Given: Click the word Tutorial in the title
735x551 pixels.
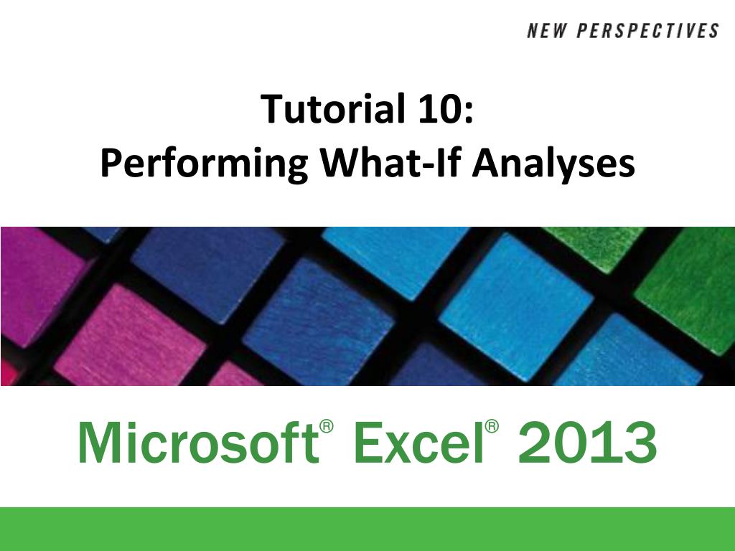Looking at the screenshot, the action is (x=332, y=109).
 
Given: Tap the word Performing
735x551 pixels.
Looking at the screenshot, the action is (x=204, y=164).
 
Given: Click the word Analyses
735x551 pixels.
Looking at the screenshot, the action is (x=553, y=164).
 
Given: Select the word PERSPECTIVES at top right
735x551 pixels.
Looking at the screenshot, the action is (x=647, y=31).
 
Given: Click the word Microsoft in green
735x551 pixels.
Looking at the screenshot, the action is (x=198, y=442).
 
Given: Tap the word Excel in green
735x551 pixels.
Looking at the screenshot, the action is (x=418, y=442).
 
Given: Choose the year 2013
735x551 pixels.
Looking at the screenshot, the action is (x=587, y=442).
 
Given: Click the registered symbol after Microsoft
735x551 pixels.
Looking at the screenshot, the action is (x=327, y=426).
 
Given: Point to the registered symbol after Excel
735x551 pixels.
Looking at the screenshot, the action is (x=492, y=426).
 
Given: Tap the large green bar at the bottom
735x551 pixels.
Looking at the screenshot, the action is (x=367, y=529).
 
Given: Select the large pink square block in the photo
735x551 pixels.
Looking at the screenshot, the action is (x=131, y=335).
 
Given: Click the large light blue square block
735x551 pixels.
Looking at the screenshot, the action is (x=515, y=307).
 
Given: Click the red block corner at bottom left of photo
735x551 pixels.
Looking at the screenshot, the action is (x=8, y=373).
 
